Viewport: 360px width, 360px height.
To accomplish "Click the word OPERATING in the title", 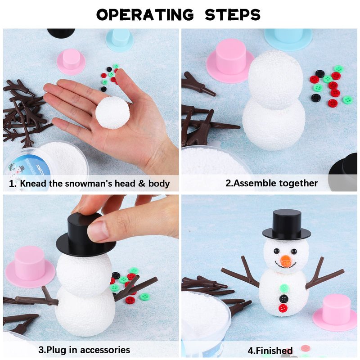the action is [145, 15].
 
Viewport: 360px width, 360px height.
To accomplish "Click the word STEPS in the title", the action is [233, 15].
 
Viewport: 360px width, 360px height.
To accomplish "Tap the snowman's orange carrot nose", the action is [286, 261].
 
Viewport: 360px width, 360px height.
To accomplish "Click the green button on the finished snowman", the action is [284, 288].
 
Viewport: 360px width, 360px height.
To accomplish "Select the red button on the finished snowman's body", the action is [283, 308].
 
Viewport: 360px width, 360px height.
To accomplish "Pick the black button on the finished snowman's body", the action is [284, 298].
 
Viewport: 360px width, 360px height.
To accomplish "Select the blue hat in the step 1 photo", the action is [120, 40].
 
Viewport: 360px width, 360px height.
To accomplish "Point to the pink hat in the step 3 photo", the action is [30, 265].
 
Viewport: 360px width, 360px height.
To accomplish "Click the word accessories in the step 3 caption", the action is [105, 350].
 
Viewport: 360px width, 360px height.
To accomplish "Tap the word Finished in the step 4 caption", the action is [274, 351].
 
